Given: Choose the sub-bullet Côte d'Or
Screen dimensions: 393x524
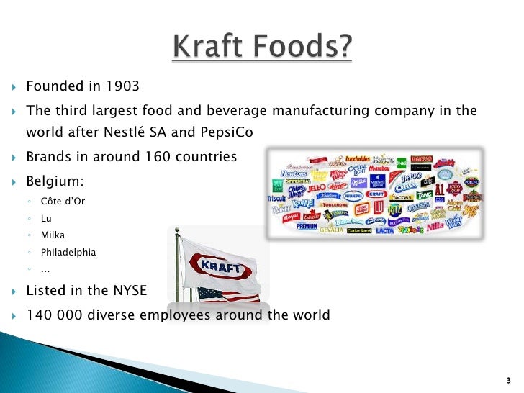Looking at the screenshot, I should [x=63, y=201].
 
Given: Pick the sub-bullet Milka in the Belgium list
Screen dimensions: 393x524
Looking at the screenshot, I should [x=54, y=235].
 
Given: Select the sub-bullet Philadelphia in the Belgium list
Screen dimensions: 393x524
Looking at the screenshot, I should [x=68, y=253].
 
